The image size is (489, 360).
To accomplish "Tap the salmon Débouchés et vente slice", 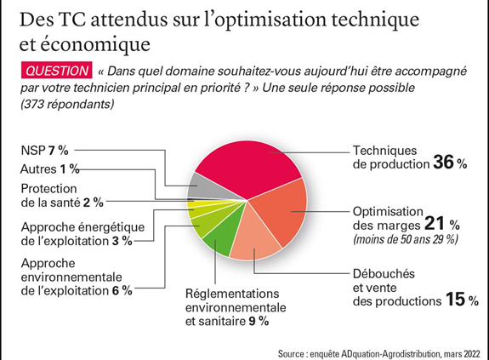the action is [254, 238].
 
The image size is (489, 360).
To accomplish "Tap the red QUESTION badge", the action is [56, 71].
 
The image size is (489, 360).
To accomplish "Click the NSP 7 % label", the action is [44, 151].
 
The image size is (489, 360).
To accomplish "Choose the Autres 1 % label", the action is [49, 169].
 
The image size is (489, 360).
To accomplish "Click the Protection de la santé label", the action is [62, 196].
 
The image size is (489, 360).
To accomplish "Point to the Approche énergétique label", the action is [82, 234].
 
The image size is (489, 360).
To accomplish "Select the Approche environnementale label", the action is [77, 277].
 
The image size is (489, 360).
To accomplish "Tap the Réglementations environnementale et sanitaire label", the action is [236, 307].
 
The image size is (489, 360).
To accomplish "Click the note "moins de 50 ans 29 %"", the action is [406, 240].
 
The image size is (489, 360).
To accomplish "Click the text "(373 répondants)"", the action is [67, 104].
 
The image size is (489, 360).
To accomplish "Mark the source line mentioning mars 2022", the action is [379, 354].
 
